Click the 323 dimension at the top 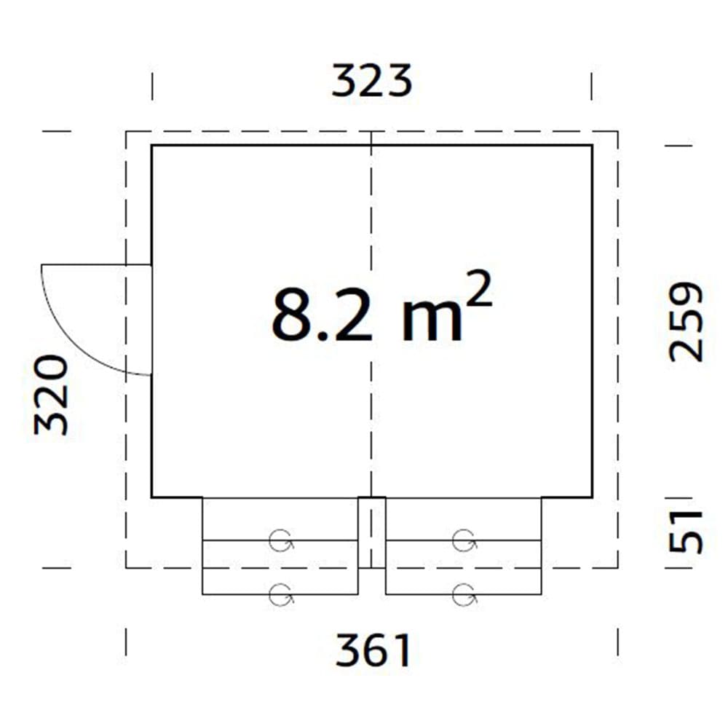point(371,81)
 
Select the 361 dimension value point(373,650)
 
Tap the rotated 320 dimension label point(52,395)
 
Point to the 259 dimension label point(687,322)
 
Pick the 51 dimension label point(687,532)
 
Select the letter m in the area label point(432,323)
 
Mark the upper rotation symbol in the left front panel point(280,541)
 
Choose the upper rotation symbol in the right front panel point(463,541)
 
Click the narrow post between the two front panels point(371,532)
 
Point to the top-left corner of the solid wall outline point(152,146)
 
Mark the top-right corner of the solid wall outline point(592,146)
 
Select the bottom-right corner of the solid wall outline point(592,497)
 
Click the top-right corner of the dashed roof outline point(617,132)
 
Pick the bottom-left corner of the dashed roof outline point(127,567)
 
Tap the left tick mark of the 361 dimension point(127,642)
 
